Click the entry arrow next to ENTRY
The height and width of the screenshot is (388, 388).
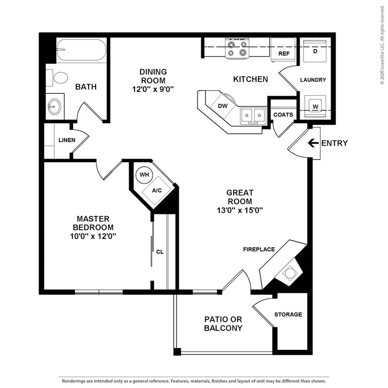[x=313, y=143]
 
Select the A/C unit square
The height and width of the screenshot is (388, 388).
[x=157, y=190]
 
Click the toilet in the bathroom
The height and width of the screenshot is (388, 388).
[x=59, y=77]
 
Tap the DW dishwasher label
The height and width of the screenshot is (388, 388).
[x=223, y=106]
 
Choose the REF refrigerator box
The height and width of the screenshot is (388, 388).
[x=283, y=53]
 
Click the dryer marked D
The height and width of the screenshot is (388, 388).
[x=315, y=51]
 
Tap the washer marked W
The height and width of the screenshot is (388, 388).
[x=315, y=107]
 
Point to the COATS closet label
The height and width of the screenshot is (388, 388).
[x=283, y=114]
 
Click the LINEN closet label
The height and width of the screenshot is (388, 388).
[x=67, y=140]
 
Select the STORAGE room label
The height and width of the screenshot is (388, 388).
[x=288, y=314]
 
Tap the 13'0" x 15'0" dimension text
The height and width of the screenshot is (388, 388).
[x=240, y=211]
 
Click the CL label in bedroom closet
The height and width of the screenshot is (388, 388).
[x=160, y=252]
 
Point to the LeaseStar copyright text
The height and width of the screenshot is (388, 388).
[x=382, y=45]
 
